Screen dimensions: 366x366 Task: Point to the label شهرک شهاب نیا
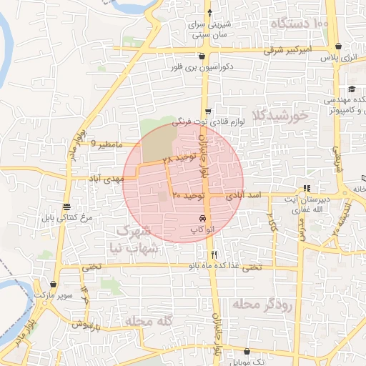[133, 239]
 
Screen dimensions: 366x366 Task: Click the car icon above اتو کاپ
[203, 218]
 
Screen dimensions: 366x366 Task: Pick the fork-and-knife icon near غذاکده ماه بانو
[214, 254]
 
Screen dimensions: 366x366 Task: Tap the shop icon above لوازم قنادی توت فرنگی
[208, 111]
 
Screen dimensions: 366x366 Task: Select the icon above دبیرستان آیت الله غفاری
[307, 189]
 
